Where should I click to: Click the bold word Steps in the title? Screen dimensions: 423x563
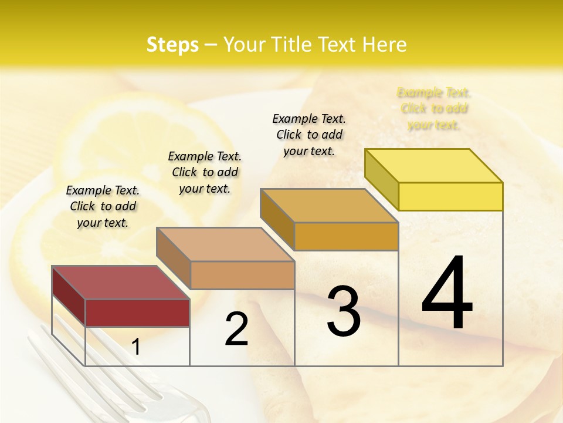172,45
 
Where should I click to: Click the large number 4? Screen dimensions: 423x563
447,294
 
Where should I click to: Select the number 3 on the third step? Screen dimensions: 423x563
344,311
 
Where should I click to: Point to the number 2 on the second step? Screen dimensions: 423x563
236,329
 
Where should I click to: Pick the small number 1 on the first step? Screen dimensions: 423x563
136,347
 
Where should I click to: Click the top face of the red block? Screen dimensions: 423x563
120,283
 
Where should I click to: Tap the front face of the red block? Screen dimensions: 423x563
137,313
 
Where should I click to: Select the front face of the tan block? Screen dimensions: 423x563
242,275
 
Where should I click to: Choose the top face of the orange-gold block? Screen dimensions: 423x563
329,206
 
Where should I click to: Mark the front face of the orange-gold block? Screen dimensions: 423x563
346,236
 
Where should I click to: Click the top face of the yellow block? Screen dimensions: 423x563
434,166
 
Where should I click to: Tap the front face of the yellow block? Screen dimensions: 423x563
450,196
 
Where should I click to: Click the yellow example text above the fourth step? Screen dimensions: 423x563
434,109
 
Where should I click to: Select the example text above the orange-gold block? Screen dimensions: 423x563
309,135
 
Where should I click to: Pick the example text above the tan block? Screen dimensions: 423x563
205,172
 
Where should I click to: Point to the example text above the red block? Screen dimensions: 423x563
103,206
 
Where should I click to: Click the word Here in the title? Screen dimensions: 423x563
385,45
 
